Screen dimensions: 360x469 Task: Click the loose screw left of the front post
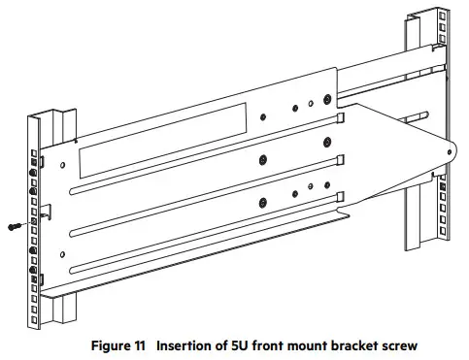pos(15,225)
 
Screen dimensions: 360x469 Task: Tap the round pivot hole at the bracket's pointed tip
pos(448,151)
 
